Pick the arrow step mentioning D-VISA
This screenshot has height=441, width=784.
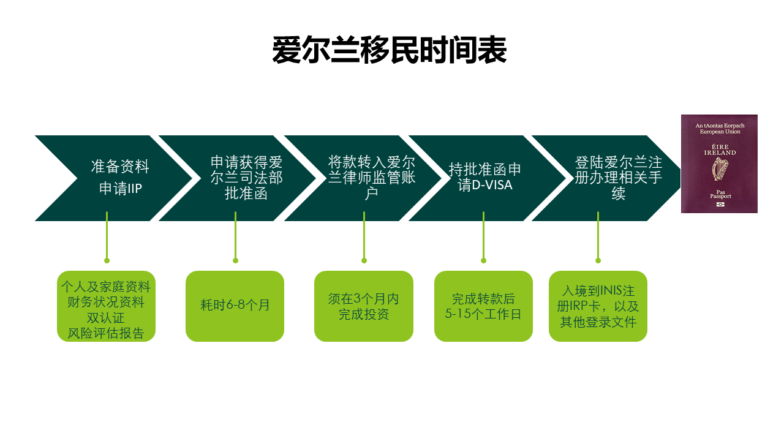tap(485, 178)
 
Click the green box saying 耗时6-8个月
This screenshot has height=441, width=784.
tap(235, 306)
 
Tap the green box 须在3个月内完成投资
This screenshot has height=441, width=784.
tap(363, 306)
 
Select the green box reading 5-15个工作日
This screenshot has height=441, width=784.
tap(483, 306)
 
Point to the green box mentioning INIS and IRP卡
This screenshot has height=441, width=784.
tap(598, 306)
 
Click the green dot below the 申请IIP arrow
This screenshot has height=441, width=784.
tap(107, 260)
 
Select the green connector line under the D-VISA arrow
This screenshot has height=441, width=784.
tap(483, 236)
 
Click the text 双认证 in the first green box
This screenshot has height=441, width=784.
tap(106, 318)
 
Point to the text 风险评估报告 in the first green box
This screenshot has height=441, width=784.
tap(106, 333)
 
